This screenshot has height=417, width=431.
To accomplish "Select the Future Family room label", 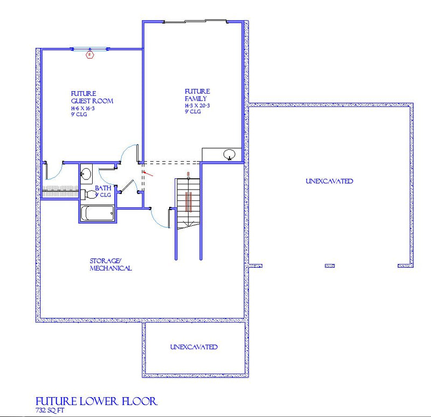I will click(197, 95).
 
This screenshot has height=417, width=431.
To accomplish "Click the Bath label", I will click(103, 189).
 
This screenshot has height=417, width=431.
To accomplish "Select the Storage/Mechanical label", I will click(110, 265).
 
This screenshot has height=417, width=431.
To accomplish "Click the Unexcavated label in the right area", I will click(329, 181).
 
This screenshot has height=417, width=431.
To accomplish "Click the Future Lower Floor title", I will click(96, 401).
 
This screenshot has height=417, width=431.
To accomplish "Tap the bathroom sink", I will click(86, 175).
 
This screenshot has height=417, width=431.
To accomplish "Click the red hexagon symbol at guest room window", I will click(90, 54).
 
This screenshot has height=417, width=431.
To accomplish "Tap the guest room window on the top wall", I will click(90, 49).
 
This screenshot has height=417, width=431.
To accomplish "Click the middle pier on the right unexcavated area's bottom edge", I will click(329, 266).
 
